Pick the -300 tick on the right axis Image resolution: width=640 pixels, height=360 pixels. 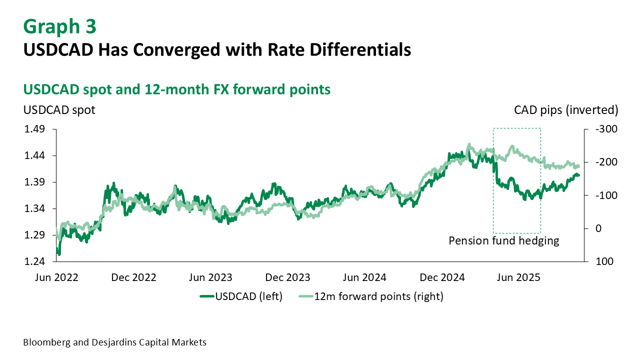click(x=607, y=129)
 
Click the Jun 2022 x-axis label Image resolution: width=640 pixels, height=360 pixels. click(x=56, y=277)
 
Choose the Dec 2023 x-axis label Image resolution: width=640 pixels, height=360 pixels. click(x=287, y=277)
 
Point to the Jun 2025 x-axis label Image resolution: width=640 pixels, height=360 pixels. click(x=518, y=277)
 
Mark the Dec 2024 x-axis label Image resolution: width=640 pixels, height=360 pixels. click(x=441, y=277)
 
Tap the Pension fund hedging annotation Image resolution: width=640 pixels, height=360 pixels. click(x=503, y=240)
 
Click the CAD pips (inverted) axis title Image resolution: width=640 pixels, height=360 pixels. click(x=566, y=109)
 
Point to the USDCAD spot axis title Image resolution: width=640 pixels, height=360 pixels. click(x=59, y=109)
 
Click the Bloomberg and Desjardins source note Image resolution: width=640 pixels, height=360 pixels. click(x=114, y=342)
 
